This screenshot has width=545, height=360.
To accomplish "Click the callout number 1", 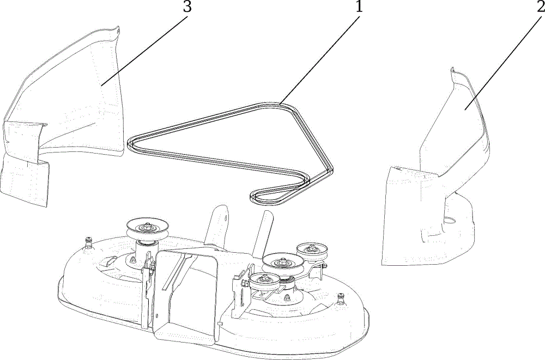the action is point(359,6).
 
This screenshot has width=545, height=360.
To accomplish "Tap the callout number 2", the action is point(541,7).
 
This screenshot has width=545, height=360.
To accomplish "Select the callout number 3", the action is point(187,7).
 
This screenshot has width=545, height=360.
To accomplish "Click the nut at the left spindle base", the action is point(132,259).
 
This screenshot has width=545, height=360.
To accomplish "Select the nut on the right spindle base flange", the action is point(287,298).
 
